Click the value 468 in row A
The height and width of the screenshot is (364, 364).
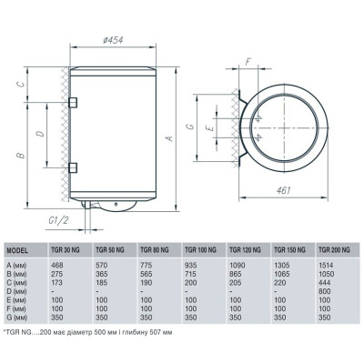56,264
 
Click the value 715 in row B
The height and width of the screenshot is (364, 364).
190,272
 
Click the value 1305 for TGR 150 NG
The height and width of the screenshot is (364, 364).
281,264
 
